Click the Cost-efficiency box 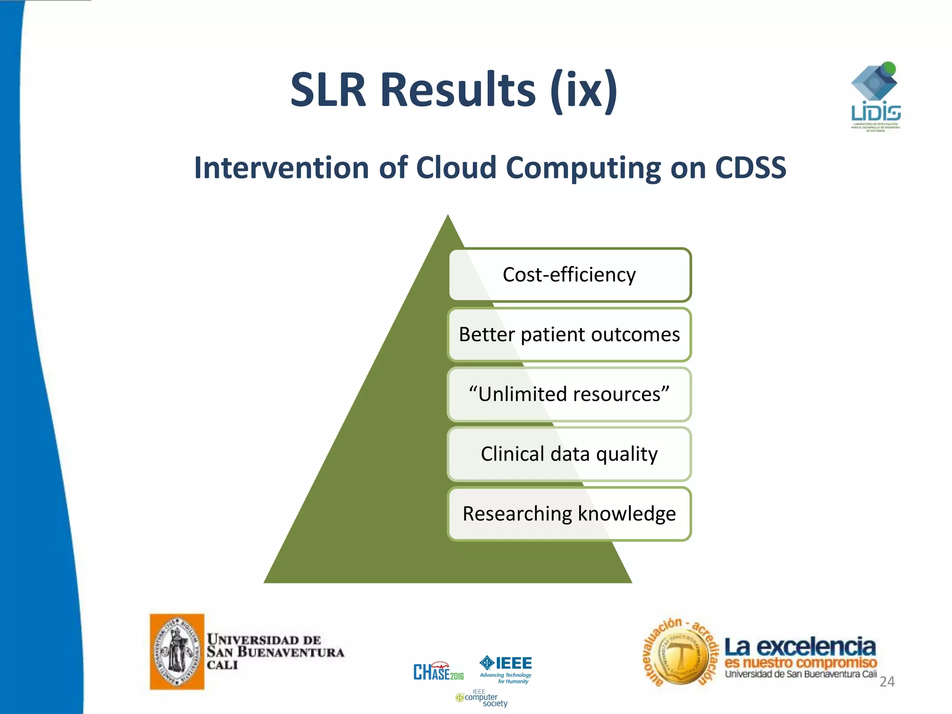click(569, 275)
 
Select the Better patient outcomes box click(569, 335)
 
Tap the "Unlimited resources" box click(569, 394)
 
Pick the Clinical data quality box click(569, 454)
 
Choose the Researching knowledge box click(569, 514)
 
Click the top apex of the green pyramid click(448, 218)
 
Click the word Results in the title click(458, 90)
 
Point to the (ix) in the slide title click(584, 90)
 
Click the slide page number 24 click(887, 681)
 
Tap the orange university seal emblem click(177, 651)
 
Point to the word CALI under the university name click(222, 665)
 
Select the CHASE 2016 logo click(438, 671)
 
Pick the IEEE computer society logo click(482, 699)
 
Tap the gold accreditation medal click(681, 656)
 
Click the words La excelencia click(800, 647)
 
